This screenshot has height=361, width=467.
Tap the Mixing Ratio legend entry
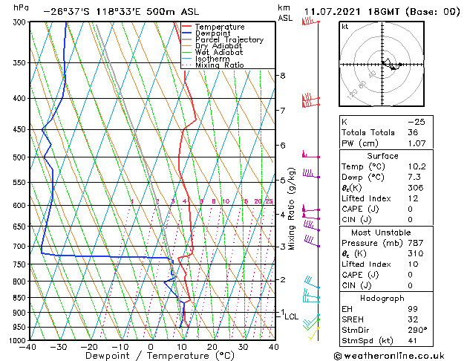click(219, 65)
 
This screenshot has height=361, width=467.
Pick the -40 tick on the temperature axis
click(27, 347)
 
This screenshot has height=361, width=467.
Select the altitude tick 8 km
click(282, 76)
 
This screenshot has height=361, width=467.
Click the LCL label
click(291, 316)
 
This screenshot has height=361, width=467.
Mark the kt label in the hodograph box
click(344, 27)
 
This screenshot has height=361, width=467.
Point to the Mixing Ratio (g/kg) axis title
click(292, 209)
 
